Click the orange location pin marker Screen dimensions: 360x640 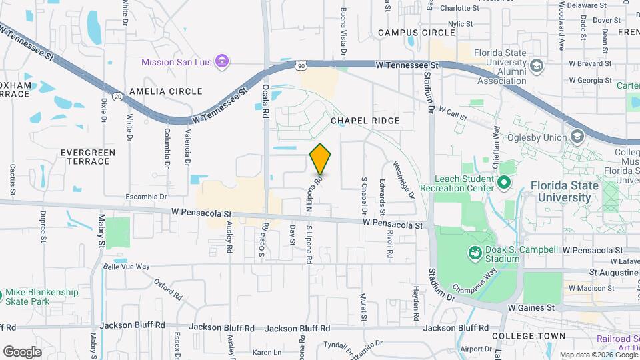321,159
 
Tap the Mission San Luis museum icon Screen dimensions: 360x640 223,63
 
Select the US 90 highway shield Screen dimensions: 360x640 301,65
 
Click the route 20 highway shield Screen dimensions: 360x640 117,97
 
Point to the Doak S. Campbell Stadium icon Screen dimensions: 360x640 475,252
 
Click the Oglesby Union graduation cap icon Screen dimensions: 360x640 577,137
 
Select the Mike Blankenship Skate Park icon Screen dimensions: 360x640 1,293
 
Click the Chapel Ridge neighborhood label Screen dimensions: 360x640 365,121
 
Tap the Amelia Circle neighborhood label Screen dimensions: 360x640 165,91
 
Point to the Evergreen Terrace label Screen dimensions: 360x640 88,157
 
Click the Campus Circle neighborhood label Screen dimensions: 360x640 416,32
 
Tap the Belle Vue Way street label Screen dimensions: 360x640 127,267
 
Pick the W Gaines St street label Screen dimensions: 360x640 531,308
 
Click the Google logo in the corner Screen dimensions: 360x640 22,351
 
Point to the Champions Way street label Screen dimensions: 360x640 475,279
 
